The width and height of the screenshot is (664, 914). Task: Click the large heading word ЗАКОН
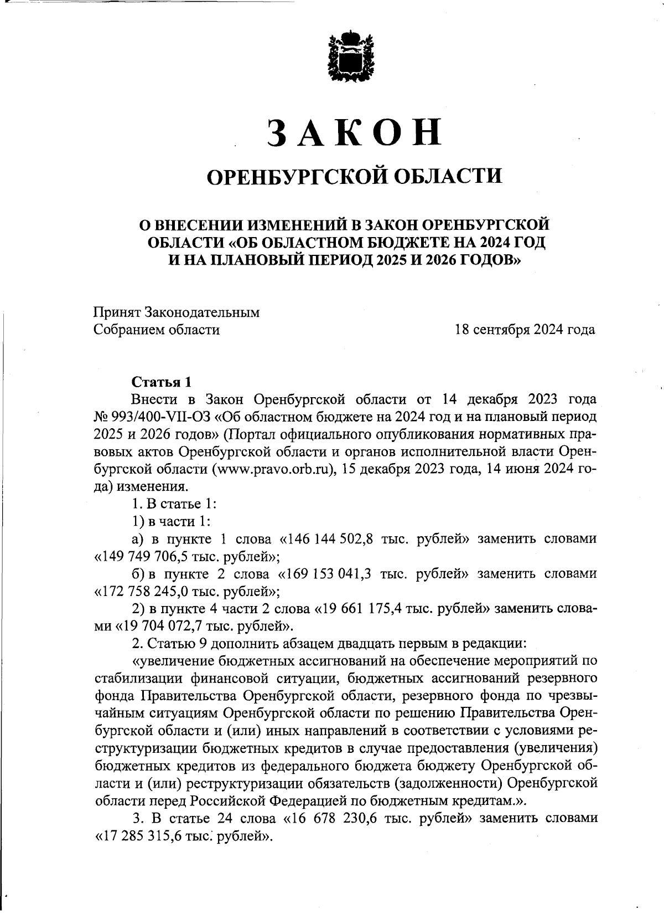[x=354, y=132]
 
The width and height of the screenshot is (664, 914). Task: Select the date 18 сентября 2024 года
[x=525, y=330]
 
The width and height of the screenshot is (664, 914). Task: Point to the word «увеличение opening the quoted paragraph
[x=172, y=661]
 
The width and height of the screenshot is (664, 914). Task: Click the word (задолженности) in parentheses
[x=447, y=783]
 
